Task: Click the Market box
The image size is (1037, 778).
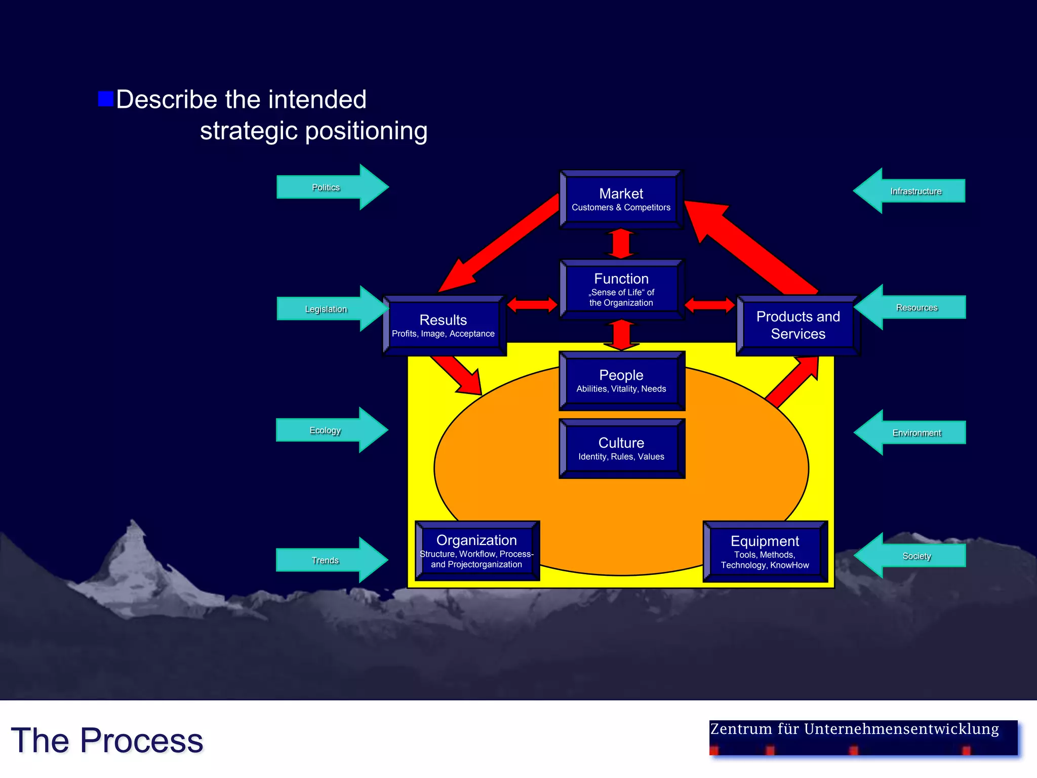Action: point(621,200)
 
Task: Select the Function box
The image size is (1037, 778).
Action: point(621,289)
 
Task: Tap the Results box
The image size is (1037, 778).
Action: point(444,326)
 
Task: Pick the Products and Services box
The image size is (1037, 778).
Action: point(797,325)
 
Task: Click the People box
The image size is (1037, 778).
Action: point(621,381)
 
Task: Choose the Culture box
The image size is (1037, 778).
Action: point(621,449)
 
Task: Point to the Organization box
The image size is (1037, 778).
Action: point(476,551)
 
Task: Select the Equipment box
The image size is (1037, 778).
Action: point(765,552)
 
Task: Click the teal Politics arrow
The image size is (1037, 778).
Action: point(332,187)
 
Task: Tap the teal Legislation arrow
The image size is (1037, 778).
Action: point(332,308)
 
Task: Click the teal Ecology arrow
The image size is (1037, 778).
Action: point(332,430)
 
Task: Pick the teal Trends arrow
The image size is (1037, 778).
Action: point(332,560)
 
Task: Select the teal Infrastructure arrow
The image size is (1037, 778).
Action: point(910,191)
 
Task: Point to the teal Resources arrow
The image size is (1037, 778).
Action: point(910,307)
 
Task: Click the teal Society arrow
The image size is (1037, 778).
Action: point(910,556)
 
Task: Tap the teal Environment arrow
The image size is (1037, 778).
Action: point(910,433)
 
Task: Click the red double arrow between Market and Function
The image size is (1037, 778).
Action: point(621,244)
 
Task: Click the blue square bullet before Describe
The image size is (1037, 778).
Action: point(105,99)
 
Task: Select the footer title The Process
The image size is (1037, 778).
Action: point(107,741)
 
